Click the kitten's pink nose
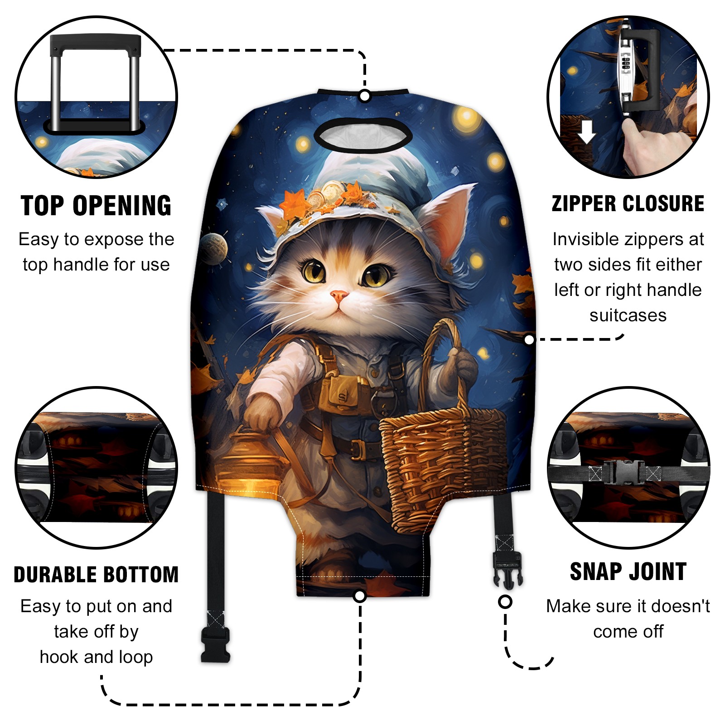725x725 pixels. pos(339,297)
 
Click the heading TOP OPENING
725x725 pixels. pos(96,206)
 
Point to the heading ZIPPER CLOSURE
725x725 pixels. pos(628,203)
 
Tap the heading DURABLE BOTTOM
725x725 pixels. pos(96,575)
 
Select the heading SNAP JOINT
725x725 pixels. pos(628,571)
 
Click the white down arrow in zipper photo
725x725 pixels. pos(587,132)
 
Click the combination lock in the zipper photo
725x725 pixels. pos(626,68)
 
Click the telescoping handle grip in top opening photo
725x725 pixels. pos(95,44)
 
